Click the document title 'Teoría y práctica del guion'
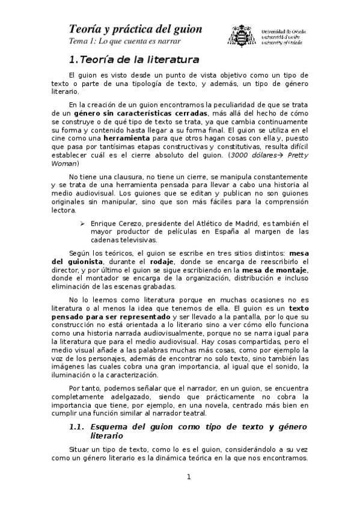[135, 29]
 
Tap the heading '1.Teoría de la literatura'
[134, 60]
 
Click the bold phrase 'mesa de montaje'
[279, 270]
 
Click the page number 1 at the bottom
[188, 477]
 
